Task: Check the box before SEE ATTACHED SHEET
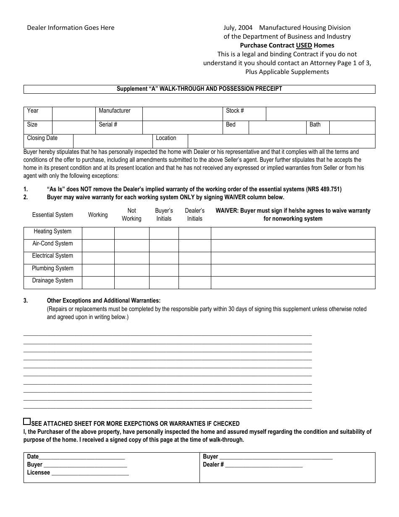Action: (27, 422)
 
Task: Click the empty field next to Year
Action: (74, 114)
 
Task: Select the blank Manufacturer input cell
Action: (182, 114)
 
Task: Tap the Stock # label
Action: (235, 111)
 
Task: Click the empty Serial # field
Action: (182, 127)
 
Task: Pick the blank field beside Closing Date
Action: (113, 141)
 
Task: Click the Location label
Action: (166, 138)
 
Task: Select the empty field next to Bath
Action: (352, 127)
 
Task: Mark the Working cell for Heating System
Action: (98, 233)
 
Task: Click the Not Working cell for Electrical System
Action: (132, 258)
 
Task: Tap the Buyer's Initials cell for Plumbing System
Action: (164, 270)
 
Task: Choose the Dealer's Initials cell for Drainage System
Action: (194, 282)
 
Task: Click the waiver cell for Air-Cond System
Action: (293, 245)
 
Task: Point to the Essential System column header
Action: (52, 215)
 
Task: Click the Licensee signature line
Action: (89, 472)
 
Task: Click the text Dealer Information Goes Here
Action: (71, 28)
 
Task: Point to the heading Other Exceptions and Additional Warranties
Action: (103, 301)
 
